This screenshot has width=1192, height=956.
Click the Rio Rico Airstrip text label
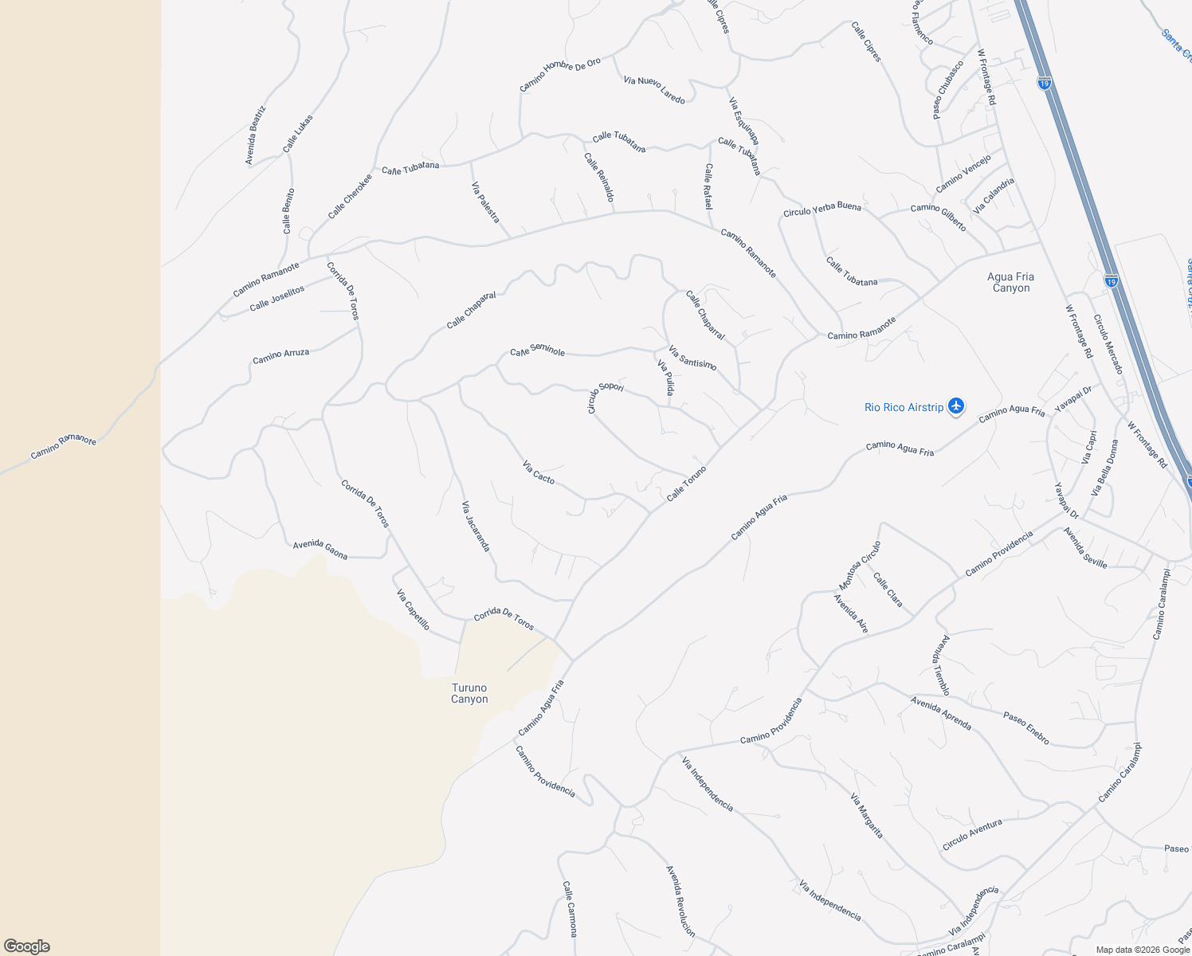point(904,407)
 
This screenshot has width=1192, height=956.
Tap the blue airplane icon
point(957,406)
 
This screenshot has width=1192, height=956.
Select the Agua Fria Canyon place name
point(1010,283)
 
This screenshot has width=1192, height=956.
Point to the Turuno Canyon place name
point(469,693)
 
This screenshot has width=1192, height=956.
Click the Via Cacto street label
point(539,472)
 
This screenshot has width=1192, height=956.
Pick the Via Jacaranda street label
point(476,526)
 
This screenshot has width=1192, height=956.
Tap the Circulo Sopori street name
point(605,396)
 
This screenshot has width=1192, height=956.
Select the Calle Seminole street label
point(538,351)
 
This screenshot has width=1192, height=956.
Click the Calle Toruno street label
point(686,484)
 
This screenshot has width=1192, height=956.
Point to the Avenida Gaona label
point(320,549)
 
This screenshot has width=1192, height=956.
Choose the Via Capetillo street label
point(414,609)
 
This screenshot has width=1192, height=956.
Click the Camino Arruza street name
point(281,355)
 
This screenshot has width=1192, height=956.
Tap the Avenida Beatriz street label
point(255,135)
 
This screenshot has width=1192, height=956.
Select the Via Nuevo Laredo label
point(654,90)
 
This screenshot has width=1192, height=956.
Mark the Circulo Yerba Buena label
point(821,209)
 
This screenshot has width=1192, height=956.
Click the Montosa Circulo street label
point(860,565)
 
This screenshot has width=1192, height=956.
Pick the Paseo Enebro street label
point(1026,728)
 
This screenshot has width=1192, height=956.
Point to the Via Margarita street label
point(867,816)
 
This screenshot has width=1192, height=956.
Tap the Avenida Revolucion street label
point(680,901)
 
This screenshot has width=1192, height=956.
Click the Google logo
point(27,946)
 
